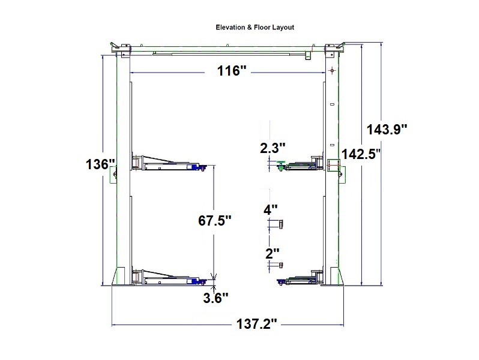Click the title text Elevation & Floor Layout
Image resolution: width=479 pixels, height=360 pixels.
(255, 28)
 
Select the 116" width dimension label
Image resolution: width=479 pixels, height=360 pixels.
(232, 71)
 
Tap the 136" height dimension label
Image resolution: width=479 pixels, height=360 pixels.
(99, 164)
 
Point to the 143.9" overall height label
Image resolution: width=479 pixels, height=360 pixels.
(388, 128)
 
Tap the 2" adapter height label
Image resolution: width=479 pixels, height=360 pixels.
(271, 253)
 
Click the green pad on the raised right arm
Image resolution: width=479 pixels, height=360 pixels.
(281, 167)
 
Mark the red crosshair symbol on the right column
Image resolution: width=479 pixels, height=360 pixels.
(331, 71)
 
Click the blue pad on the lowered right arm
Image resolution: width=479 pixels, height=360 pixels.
(280, 280)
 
